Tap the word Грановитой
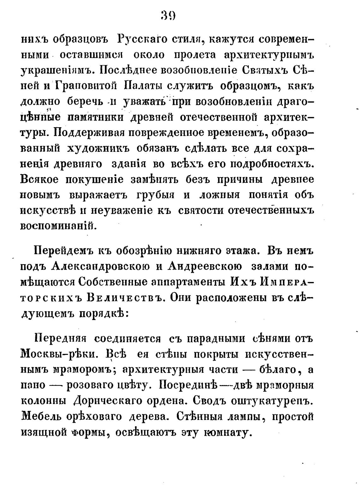click(x=85, y=86)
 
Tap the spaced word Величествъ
click(x=123, y=298)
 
